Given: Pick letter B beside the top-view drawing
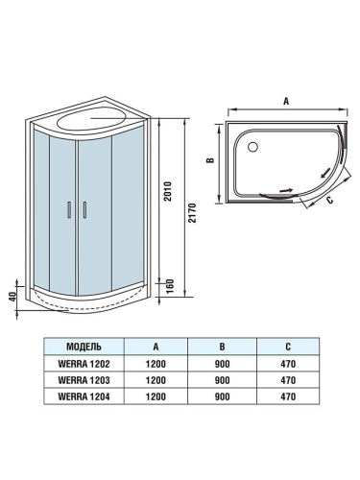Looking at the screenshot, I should pyautogui.click(x=209, y=160).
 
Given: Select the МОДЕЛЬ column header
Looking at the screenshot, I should pyautogui.click(x=84, y=347).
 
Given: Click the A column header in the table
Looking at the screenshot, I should pyautogui.click(x=155, y=347).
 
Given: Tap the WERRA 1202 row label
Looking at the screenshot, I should pyautogui.click(x=84, y=364).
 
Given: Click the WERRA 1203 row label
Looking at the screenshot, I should pyautogui.click(x=84, y=380).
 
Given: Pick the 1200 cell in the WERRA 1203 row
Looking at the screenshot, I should pyautogui.click(x=155, y=380).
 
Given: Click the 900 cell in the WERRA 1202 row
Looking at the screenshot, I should pyautogui.click(x=221, y=364).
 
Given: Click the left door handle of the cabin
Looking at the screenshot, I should pyautogui.click(x=69, y=210).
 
